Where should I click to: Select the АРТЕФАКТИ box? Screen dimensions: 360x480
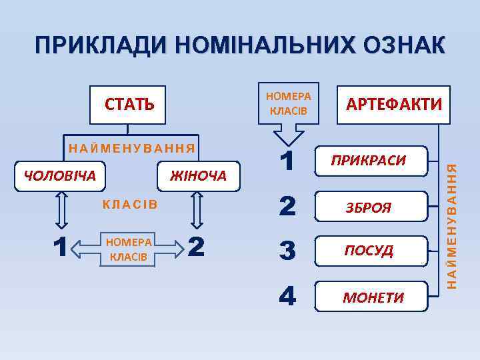[x=393, y=105]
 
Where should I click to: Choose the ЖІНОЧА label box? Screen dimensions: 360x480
[x=198, y=176]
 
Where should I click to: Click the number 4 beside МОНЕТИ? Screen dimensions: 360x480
[x=287, y=297]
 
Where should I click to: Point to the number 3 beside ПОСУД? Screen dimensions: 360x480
[x=287, y=251]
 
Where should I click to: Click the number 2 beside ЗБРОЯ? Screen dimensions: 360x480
[x=287, y=207]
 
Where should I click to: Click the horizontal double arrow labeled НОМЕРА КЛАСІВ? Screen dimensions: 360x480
[x=127, y=248]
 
